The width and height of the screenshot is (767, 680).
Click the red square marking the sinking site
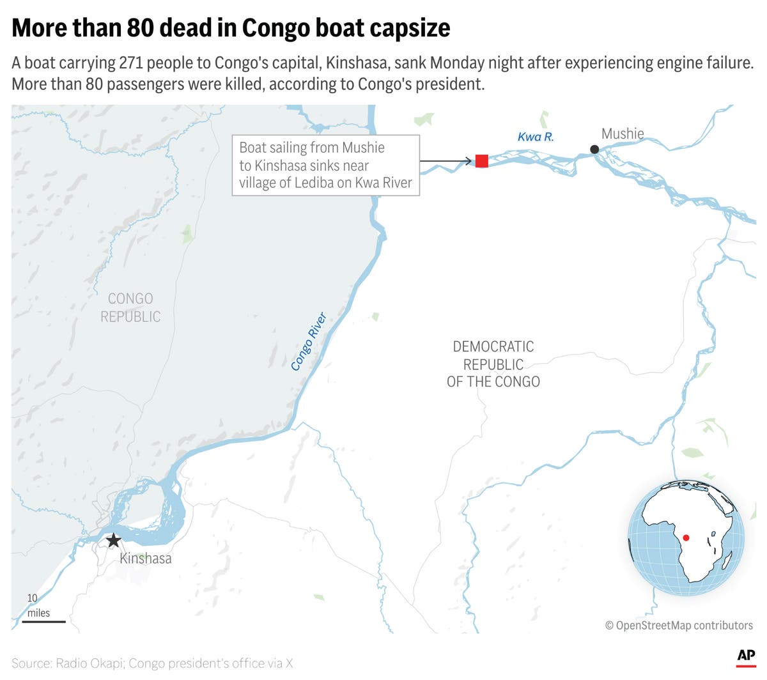coord(482,161)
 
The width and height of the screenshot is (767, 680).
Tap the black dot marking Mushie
coord(594,150)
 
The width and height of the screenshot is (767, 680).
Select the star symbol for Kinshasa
coord(113,541)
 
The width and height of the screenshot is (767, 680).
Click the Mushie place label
coord(623,134)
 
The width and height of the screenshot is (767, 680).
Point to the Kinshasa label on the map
coord(146,559)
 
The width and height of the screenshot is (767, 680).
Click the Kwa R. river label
coord(536,137)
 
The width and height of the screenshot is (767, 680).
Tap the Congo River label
coord(309,342)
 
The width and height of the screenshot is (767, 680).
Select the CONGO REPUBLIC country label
coord(130,307)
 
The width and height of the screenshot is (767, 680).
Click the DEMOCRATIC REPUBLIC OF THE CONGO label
coord(493,364)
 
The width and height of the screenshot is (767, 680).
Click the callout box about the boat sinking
coord(325,165)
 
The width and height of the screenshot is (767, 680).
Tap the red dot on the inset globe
coord(686,537)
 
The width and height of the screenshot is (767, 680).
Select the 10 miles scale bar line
coord(44,622)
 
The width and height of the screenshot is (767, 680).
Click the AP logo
coord(746,656)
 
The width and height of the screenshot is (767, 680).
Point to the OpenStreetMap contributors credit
coord(679,625)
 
